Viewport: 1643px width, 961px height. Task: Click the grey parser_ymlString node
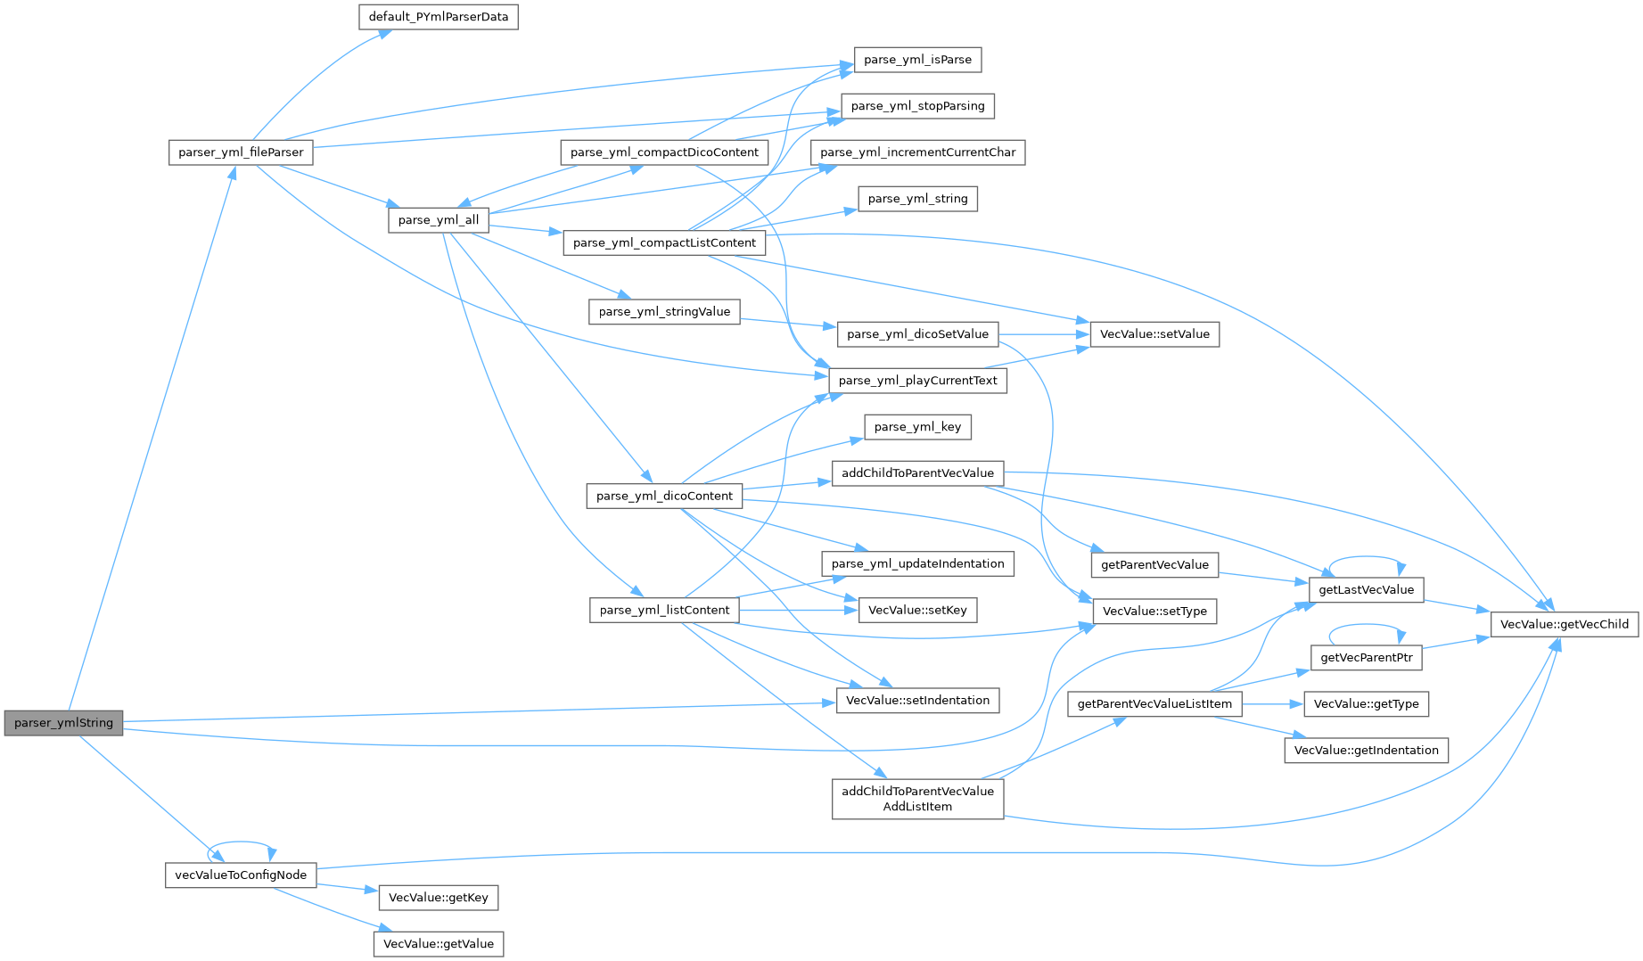(x=63, y=723)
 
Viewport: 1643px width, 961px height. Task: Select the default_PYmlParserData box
(x=438, y=17)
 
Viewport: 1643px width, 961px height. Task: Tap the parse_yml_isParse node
(x=917, y=60)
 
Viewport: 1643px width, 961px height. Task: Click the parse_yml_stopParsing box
(x=917, y=106)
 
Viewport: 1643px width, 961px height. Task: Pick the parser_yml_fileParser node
(x=241, y=152)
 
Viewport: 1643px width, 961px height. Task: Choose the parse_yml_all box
(x=438, y=220)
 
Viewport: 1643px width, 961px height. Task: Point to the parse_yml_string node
(x=917, y=199)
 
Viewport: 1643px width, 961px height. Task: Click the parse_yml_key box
(x=917, y=427)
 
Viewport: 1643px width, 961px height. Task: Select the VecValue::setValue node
(x=1154, y=334)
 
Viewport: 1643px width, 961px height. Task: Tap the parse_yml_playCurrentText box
(x=917, y=381)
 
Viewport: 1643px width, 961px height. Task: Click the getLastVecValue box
(x=1366, y=590)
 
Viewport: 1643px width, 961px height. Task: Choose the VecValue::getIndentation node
(x=1366, y=751)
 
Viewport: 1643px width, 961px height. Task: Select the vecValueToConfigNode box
(x=241, y=875)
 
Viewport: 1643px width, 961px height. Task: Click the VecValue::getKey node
(x=438, y=898)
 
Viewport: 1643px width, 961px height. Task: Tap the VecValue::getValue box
(x=438, y=944)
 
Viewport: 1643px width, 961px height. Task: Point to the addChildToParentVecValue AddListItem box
(x=917, y=799)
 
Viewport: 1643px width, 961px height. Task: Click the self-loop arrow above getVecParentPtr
(x=1367, y=627)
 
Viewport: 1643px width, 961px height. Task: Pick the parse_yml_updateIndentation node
(x=917, y=563)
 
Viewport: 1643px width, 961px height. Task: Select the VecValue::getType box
(x=1366, y=704)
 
